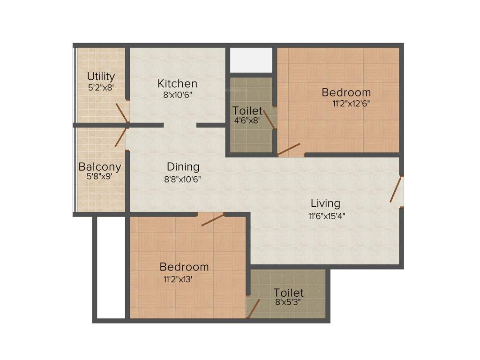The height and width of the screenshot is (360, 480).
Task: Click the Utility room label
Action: coord(101,76)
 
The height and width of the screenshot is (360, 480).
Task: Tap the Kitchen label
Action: coord(177,84)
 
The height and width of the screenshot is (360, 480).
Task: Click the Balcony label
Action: coord(100,166)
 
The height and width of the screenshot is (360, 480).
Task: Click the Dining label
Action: coord(183,166)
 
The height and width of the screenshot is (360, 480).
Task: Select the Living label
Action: coord(325,203)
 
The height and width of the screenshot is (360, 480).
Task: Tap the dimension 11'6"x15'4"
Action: coord(327,216)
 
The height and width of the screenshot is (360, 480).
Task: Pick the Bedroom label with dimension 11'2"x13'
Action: coord(184,267)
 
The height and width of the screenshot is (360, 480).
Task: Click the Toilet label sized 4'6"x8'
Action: coord(247,111)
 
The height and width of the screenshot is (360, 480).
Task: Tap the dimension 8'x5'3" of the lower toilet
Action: coord(288,302)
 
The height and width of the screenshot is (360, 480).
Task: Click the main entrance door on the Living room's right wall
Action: coord(396,189)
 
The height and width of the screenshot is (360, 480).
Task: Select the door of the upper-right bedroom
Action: coord(289,150)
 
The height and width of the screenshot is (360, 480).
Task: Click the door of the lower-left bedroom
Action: coord(212,219)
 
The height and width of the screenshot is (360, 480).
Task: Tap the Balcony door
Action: coord(120,137)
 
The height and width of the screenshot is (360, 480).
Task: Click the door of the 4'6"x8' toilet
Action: coord(269,119)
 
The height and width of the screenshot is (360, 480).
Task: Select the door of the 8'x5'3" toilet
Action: coord(254,308)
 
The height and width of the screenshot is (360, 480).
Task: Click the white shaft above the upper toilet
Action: coord(251,60)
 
